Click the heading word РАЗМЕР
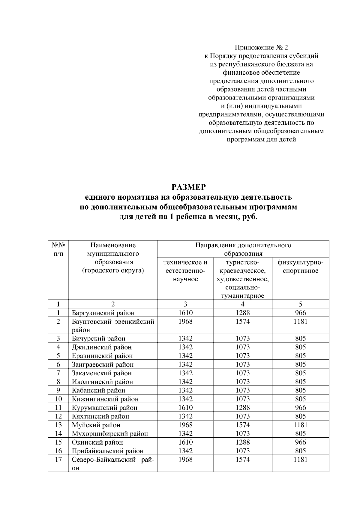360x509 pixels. (x=189, y=187)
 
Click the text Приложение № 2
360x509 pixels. (x=261, y=47)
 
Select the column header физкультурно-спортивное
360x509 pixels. (x=300, y=266)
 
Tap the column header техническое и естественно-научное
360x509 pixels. (x=185, y=271)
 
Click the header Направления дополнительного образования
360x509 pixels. (x=243, y=249)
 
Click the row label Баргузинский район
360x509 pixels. (x=103, y=313)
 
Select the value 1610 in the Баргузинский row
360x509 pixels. (x=185, y=313)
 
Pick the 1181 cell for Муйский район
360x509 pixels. (x=300, y=425)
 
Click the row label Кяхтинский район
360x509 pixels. (x=100, y=416)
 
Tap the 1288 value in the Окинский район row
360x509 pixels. (x=242, y=442)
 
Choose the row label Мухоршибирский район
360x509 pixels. (x=109, y=433)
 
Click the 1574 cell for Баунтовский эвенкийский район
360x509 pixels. (x=242, y=322)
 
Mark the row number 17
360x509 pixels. (x=58, y=460)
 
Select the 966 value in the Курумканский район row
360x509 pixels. (x=300, y=408)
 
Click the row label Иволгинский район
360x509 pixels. (x=102, y=382)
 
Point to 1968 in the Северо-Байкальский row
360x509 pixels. (x=185, y=460)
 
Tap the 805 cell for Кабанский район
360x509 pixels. (x=300, y=390)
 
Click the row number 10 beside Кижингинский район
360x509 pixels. (x=58, y=399)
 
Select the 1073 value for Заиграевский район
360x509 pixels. (x=242, y=365)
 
